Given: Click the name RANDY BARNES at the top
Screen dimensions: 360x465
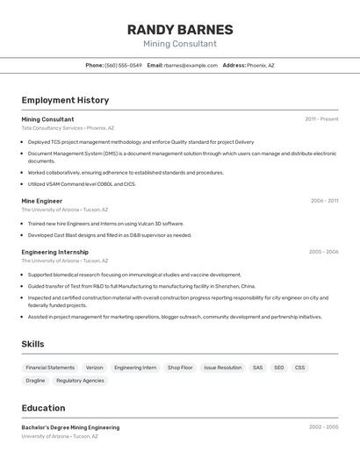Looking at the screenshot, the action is pos(180,29).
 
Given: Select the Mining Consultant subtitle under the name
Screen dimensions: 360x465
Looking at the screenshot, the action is pos(180,44).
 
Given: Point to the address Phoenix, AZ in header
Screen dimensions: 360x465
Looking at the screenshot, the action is pos(260,65).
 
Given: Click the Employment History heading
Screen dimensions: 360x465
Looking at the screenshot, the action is pos(65,100).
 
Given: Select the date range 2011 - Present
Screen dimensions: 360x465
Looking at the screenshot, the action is pos(321,119).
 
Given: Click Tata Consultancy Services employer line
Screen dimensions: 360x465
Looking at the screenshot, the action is pos(68,128).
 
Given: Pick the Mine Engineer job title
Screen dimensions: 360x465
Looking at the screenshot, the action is pos(42,201).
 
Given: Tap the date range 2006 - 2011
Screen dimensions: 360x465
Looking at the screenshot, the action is pos(324,201).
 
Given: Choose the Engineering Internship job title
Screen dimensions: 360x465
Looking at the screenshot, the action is pos(55,252).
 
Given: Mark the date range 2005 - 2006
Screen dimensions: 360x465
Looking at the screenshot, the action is pos(323,252).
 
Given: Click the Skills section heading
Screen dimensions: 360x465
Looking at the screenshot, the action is pos(32,344).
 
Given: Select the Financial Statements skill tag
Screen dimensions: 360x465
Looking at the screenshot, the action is pos(50,368).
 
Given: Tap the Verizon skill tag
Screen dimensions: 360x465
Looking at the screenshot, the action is pos(94,368).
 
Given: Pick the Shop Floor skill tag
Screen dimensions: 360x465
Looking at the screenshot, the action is pos(180,368).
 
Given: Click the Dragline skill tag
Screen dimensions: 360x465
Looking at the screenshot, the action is pos(35,381).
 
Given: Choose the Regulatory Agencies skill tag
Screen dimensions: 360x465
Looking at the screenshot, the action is pos(80,381).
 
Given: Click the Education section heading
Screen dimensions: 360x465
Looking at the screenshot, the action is pos(43,408).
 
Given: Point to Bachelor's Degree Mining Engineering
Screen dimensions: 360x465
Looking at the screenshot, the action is pos(70,427).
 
